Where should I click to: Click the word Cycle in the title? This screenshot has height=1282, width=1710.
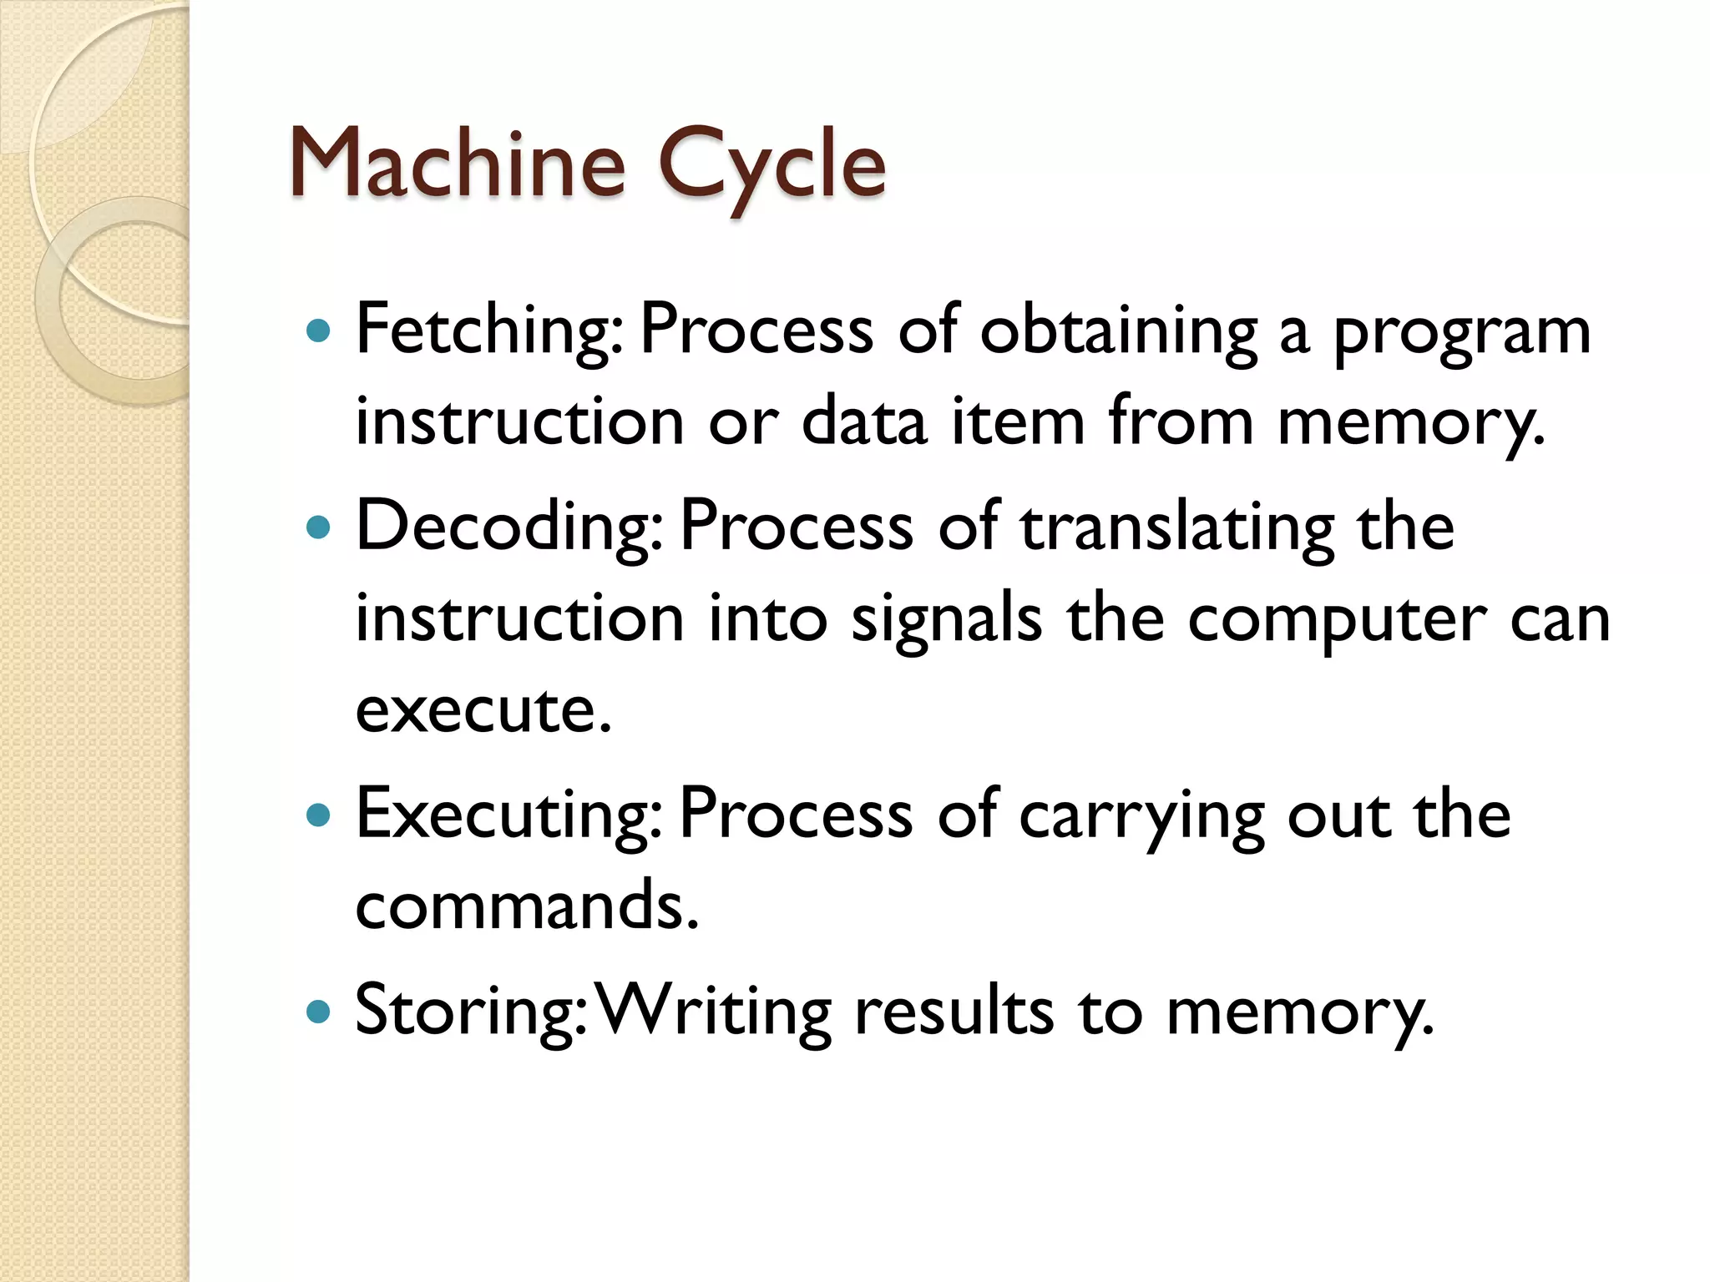point(772,165)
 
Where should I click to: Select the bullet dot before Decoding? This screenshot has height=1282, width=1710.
point(318,527)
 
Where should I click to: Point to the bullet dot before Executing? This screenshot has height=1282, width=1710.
point(318,815)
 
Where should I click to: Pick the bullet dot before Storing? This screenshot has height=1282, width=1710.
point(318,1012)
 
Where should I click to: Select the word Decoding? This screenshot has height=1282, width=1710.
point(509,527)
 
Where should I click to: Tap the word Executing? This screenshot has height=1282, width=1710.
point(509,815)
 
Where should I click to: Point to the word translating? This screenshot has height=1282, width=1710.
point(1177,527)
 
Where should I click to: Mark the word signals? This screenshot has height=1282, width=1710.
point(946,620)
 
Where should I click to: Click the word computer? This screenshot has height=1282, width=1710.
point(1337,620)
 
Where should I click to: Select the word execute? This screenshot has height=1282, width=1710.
point(483,710)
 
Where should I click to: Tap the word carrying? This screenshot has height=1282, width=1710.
point(1141,815)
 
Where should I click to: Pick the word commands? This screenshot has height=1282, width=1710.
point(526,906)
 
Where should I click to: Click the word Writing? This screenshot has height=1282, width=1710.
point(716,1012)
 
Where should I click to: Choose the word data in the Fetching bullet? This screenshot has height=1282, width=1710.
point(864,421)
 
